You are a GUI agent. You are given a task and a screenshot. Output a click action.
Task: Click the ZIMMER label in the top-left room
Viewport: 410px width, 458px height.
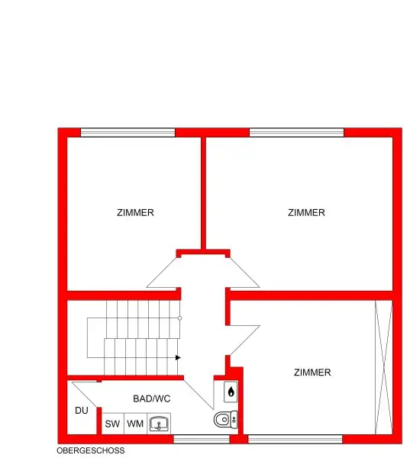135,213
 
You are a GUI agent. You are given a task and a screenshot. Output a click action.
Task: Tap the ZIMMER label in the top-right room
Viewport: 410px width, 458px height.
306,213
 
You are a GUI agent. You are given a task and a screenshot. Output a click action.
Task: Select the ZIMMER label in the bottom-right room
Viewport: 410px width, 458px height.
312,373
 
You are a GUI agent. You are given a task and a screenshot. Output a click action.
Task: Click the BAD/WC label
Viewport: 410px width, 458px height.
151,398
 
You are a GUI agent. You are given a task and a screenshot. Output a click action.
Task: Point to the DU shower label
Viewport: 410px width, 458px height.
82,411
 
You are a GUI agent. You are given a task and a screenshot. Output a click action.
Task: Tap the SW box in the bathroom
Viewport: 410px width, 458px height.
112,424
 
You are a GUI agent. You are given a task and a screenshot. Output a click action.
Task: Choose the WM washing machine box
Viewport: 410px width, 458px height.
135,424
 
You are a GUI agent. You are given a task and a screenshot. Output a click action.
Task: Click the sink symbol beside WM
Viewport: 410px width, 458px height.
160,424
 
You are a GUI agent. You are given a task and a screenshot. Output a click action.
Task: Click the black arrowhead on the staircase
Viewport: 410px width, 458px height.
178,356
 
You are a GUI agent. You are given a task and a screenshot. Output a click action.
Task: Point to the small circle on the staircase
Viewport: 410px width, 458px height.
179,318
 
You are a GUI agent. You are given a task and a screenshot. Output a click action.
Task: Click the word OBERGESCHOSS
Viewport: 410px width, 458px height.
90,451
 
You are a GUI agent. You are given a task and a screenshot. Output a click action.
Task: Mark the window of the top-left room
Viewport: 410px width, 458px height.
128,133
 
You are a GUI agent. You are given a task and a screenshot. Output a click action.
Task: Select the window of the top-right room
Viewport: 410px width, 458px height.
296,133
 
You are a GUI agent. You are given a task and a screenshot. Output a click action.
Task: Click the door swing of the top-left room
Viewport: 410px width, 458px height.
162,273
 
